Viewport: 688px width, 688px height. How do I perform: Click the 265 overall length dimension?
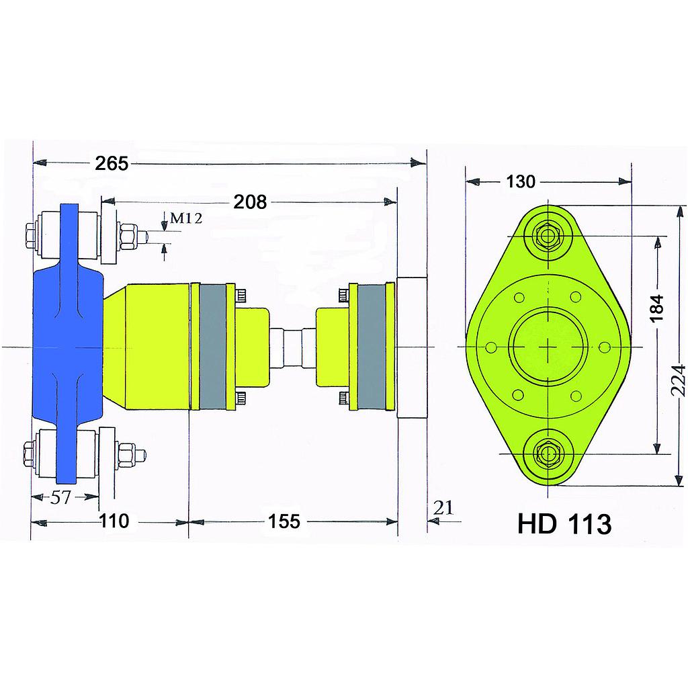(111, 163)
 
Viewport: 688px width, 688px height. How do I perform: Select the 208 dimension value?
(250, 201)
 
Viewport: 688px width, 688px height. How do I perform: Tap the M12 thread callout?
(185, 218)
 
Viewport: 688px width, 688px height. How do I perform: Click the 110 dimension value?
(114, 521)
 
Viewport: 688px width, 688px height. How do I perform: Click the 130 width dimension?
(521, 181)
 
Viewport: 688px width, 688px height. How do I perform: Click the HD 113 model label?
(564, 523)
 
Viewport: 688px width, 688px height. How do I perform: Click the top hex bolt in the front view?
(549, 236)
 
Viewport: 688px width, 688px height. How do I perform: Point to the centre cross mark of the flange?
(549, 346)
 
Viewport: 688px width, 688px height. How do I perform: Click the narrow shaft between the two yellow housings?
(293, 346)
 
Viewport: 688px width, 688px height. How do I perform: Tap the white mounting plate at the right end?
(411, 347)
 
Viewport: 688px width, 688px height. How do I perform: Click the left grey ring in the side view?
(213, 347)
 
